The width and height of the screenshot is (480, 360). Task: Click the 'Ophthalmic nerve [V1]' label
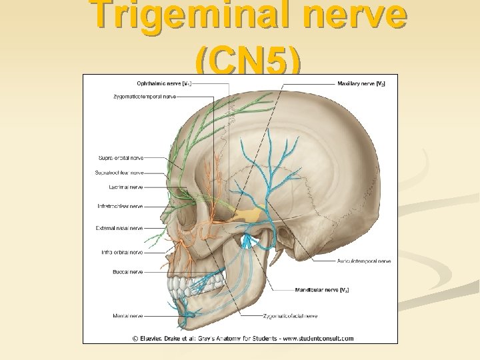tap(165, 83)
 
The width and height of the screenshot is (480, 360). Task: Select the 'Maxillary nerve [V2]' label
tap(361, 83)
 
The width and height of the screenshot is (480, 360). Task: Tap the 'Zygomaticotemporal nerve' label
tap(145, 97)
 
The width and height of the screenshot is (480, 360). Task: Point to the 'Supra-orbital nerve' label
tap(120, 158)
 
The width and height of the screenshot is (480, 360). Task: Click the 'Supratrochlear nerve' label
tap(119, 173)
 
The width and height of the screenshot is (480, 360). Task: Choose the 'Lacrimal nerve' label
tap(127, 187)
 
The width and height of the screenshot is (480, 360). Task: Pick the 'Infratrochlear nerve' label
tap(120, 207)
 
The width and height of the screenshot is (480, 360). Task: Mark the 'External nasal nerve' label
tap(119, 228)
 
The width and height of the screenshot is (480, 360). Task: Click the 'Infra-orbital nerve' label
tap(122, 253)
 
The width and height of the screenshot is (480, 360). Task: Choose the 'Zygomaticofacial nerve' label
tap(290, 315)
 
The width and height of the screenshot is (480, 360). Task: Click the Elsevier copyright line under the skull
tap(243, 338)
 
